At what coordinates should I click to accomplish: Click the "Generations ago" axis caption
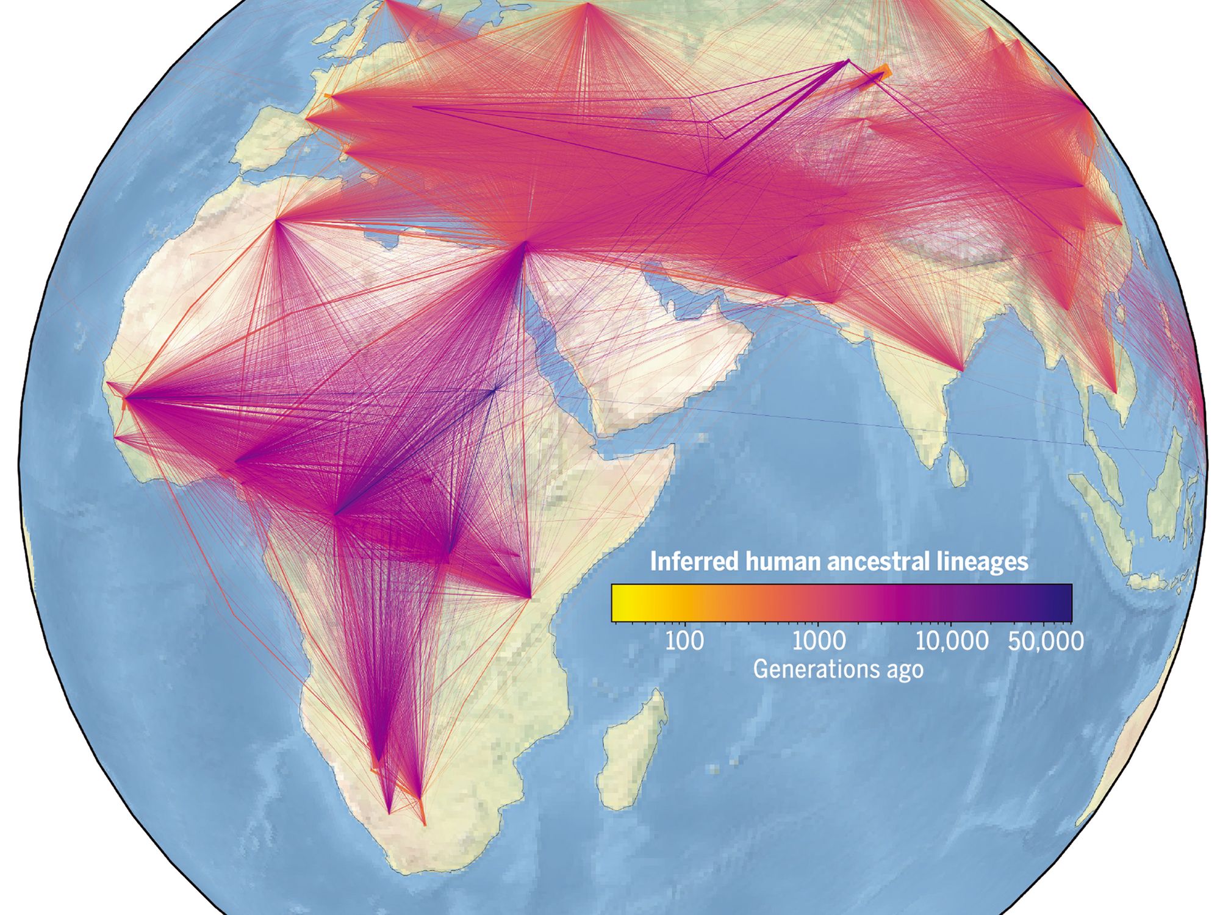(838, 670)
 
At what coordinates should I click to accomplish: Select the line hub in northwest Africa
(276, 220)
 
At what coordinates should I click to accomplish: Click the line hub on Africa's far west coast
(126, 398)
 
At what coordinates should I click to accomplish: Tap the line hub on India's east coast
(962, 370)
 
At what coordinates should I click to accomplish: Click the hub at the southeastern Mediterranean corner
(525, 243)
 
